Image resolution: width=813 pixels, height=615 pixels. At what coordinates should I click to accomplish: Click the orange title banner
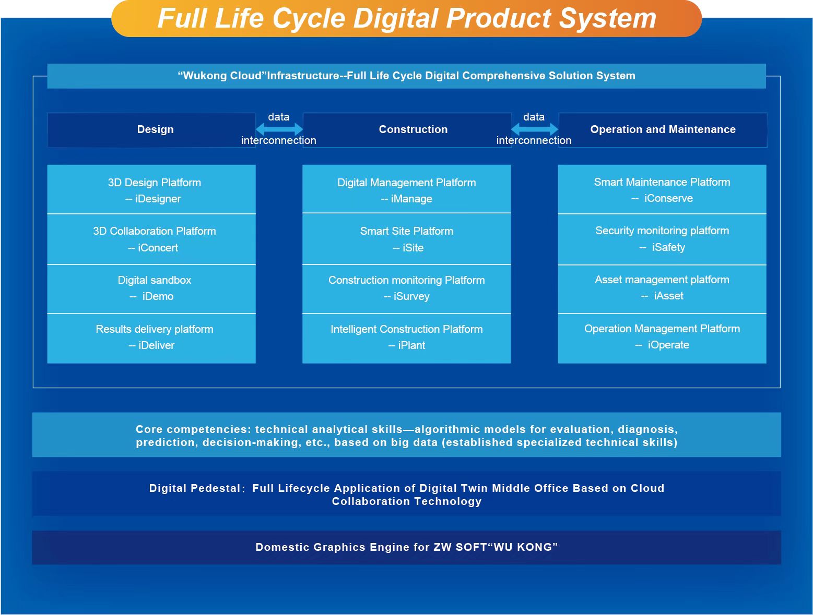coord(406,19)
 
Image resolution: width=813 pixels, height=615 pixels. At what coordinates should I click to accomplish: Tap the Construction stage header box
coord(413,129)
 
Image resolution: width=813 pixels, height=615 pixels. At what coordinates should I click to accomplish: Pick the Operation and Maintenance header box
coord(663,129)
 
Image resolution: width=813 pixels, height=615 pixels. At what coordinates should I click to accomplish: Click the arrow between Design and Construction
coord(279,129)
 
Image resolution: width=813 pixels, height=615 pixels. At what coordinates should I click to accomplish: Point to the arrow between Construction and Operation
coord(534,129)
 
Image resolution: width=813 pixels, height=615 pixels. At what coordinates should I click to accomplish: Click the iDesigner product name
coord(158,199)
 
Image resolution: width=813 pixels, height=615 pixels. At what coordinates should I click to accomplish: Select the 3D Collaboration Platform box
coord(151,239)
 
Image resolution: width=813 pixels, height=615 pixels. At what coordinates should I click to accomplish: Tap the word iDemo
coord(158,296)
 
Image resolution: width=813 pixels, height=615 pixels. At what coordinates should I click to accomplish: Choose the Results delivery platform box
coord(151,337)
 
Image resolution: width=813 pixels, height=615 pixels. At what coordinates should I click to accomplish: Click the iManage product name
coord(411,199)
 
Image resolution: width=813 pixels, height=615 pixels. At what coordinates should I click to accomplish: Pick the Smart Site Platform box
coord(406,239)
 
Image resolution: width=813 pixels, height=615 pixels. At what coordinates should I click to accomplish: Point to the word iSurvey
coord(411,296)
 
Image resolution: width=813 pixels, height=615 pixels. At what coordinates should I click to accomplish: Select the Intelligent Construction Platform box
coord(406,337)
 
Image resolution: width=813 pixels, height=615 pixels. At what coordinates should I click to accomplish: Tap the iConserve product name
coord(668,198)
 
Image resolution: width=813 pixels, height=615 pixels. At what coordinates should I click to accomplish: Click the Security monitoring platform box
coord(662,238)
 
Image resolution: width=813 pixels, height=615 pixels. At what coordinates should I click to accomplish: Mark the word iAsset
coord(668,296)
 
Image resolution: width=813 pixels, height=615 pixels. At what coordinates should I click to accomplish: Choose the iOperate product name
coord(668,345)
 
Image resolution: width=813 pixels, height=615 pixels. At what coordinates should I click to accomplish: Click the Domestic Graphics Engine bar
coord(406,547)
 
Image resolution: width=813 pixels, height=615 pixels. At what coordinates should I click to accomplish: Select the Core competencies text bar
coord(406,435)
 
